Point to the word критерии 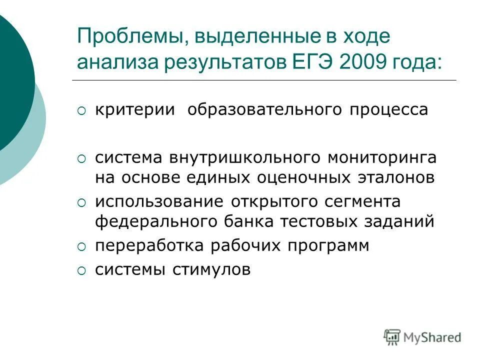pos(135,110)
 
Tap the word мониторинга pos(382,158)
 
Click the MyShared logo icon pos(392,337)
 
